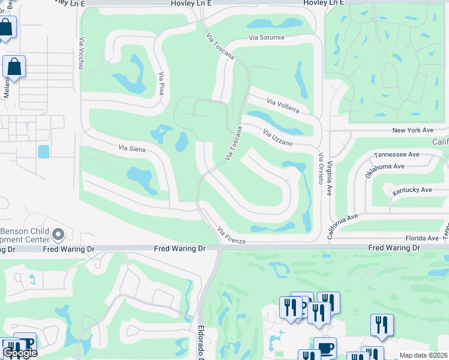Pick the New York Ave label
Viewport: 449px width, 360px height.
[x=412, y=130]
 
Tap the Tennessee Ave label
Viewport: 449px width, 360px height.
[x=396, y=154]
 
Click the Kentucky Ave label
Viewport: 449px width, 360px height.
[x=412, y=190]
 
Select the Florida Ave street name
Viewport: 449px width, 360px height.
[x=421, y=238]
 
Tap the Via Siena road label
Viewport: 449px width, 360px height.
[x=132, y=148]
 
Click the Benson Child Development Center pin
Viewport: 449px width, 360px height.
[x=58, y=234]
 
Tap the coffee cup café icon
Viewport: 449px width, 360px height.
[x=325, y=348]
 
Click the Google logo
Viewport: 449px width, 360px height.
[x=20, y=353]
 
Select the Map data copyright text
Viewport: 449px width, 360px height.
[x=423, y=355]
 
